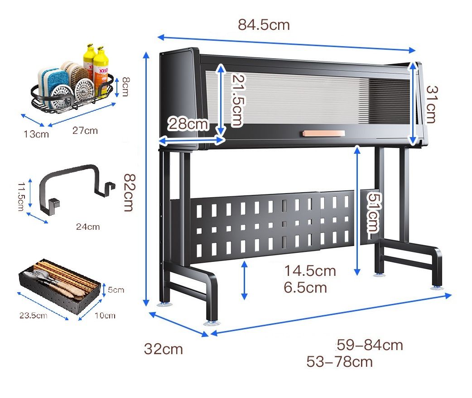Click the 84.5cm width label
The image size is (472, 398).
coord(264,24)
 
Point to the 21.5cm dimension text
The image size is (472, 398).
coord(237,100)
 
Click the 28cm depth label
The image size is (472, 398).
coord(188,123)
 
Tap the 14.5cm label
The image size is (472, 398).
coord(310,271)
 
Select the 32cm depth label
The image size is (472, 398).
coord(164,349)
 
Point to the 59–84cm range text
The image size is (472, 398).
coord(370,345)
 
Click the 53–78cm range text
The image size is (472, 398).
coord(339,362)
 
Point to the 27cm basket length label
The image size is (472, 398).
coord(85,131)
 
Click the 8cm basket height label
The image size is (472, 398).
coord(125,86)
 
